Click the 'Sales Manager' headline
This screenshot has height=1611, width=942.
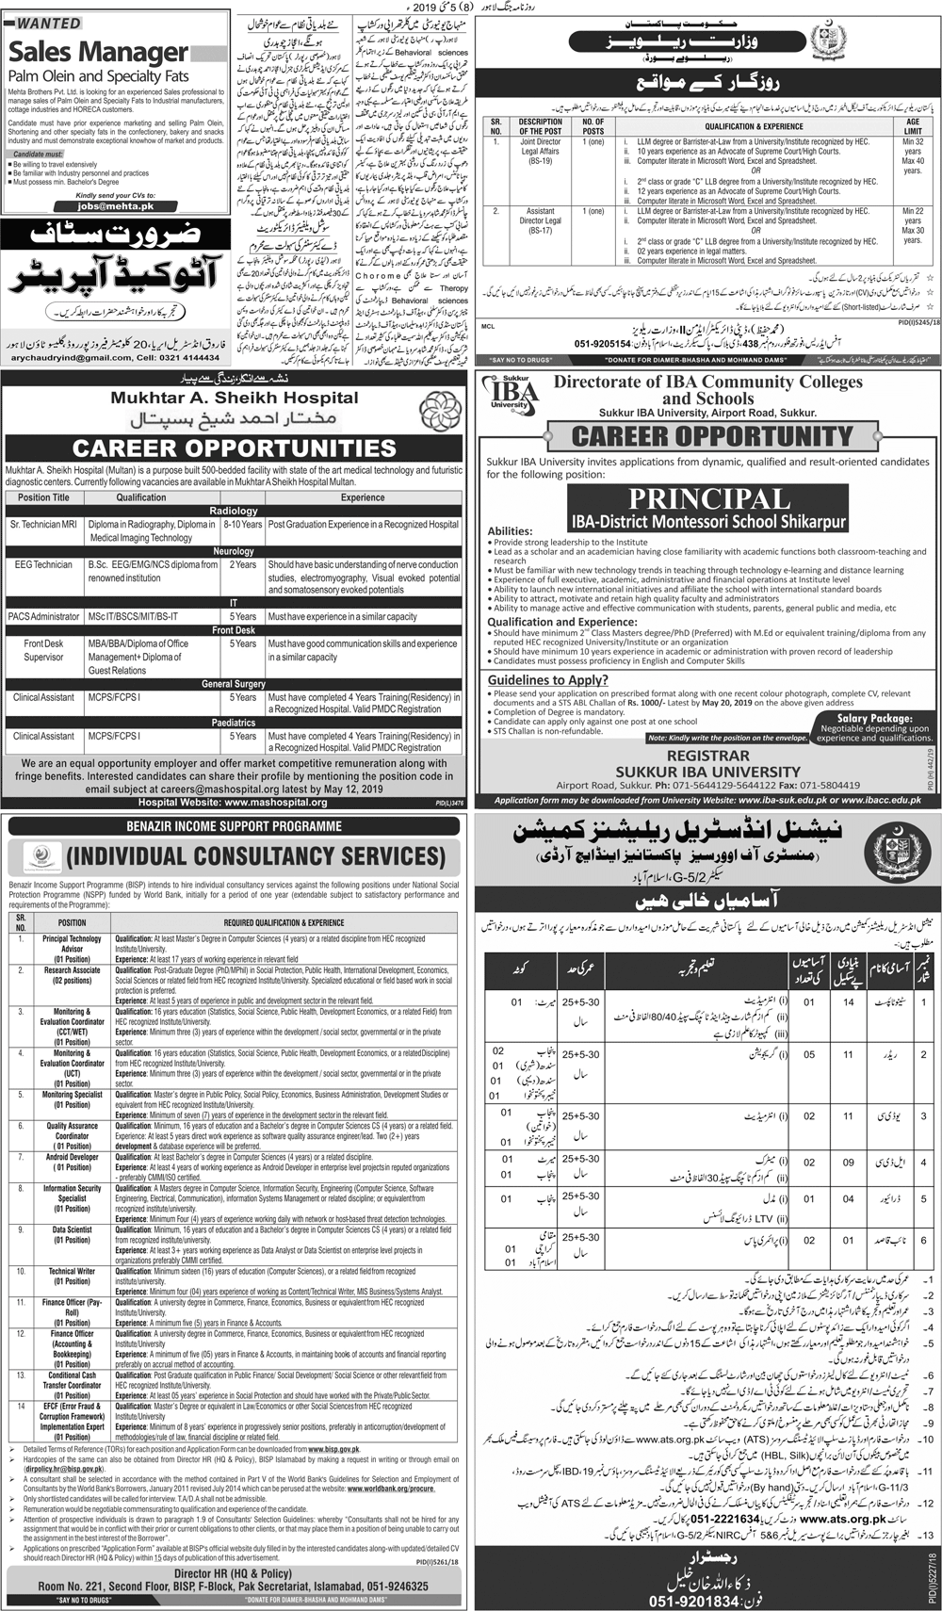[99, 52]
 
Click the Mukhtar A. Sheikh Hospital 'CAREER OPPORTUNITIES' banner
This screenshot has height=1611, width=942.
[235, 447]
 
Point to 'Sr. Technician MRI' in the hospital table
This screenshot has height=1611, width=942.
[43, 525]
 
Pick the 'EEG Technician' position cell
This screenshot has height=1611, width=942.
[43, 565]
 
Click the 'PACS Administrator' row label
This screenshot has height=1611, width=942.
[43, 616]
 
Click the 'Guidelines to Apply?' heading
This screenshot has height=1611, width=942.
[547, 679]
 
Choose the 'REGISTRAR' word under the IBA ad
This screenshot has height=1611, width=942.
[707, 756]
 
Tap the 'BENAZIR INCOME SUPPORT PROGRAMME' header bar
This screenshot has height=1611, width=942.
[235, 826]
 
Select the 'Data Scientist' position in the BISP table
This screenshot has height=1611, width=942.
[73, 1230]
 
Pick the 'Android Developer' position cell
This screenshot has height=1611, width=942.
[73, 1158]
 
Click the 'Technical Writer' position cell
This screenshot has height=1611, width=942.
[73, 1272]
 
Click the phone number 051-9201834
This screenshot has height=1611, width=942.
[707, 1592]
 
